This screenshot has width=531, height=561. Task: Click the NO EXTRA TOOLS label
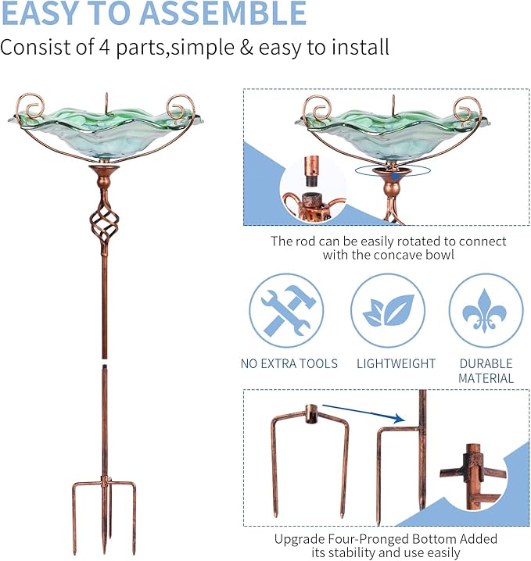[289, 363]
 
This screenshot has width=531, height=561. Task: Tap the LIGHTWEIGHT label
[396, 363]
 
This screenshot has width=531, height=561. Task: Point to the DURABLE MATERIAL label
[486, 370]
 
